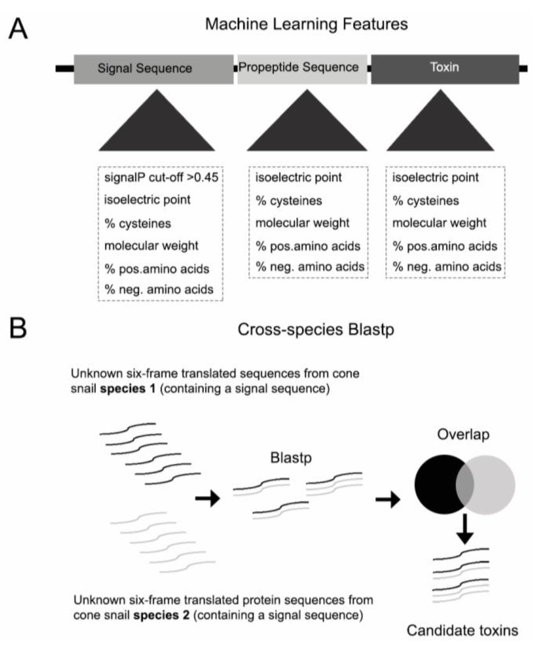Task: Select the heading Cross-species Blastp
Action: pos(316,329)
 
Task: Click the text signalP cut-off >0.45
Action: pos(161,177)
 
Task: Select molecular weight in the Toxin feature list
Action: pos(439,223)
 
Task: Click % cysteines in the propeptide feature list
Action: pos(289,201)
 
